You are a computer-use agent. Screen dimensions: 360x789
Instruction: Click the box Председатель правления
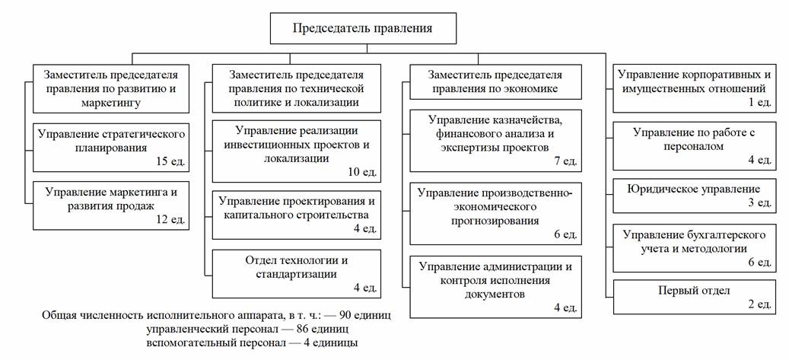(364, 29)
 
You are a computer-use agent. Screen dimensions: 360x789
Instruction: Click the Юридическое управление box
(694, 194)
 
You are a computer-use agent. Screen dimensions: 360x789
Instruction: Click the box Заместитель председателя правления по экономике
(495, 81)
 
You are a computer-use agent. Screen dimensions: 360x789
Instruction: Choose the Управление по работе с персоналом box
(694, 145)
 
